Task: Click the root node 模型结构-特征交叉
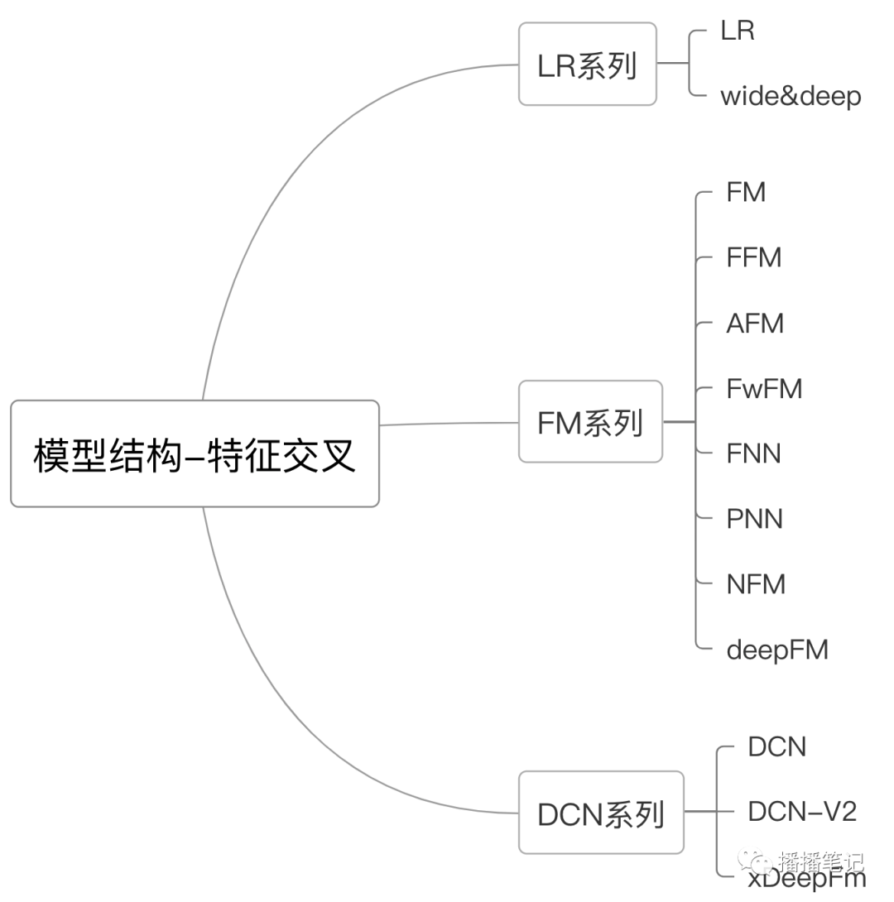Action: (x=195, y=453)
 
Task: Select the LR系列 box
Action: (x=588, y=65)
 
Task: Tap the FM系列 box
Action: (x=590, y=422)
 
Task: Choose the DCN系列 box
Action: (x=601, y=813)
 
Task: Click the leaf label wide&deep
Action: (x=791, y=97)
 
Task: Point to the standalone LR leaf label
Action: (x=738, y=31)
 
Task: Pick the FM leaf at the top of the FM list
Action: (x=746, y=193)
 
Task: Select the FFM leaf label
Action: (x=753, y=258)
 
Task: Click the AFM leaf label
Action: (x=755, y=324)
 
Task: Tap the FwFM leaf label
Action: (x=764, y=389)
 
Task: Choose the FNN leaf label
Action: (x=753, y=454)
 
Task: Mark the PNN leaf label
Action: (x=754, y=520)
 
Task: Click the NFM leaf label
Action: (x=755, y=585)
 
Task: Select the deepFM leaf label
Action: (x=776, y=650)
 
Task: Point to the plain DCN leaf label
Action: (x=776, y=747)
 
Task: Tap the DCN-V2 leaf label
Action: (x=801, y=812)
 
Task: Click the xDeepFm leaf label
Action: (x=806, y=879)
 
